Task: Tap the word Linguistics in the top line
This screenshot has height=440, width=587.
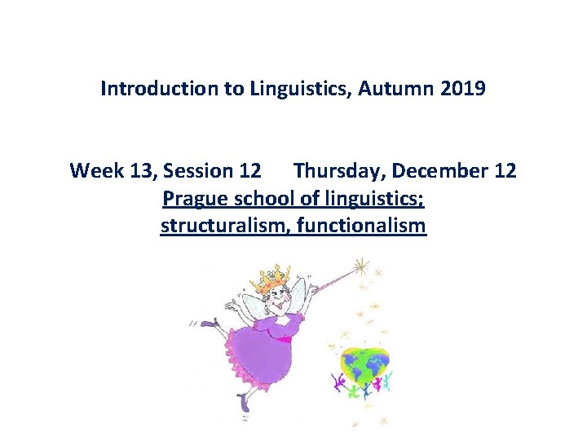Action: point(288,88)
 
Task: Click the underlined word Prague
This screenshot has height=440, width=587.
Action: point(196,198)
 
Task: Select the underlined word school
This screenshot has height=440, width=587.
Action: point(261,198)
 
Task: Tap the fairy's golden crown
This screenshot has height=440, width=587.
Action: point(276,277)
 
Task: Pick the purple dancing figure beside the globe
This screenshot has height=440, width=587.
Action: point(337,383)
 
